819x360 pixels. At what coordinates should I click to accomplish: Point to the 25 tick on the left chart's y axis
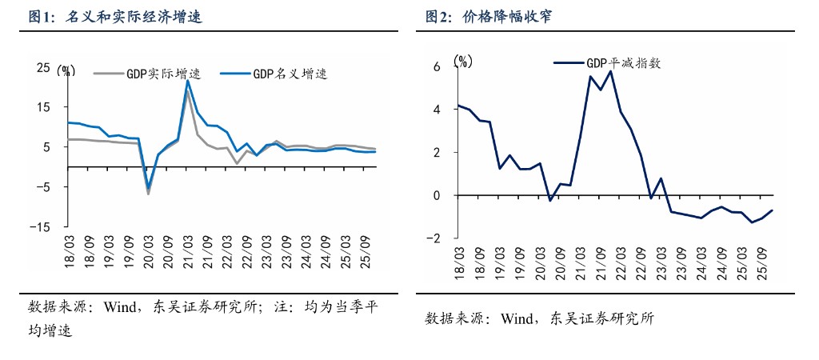(43, 69)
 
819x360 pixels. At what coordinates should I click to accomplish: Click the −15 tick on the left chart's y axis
(38, 227)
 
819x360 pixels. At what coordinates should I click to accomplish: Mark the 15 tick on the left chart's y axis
(43, 108)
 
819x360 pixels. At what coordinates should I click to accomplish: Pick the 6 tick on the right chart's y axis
(437, 66)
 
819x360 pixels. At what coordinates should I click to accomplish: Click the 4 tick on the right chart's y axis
(437, 110)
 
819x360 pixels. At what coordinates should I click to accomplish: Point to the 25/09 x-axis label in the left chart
(366, 249)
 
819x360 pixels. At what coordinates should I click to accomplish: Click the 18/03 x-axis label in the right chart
(459, 260)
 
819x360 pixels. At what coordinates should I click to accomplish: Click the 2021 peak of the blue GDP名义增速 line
(187, 81)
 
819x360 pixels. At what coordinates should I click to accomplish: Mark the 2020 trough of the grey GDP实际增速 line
(148, 194)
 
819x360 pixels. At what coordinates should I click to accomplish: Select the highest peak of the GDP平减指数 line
(610, 71)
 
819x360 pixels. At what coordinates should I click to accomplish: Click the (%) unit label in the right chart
(463, 61)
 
